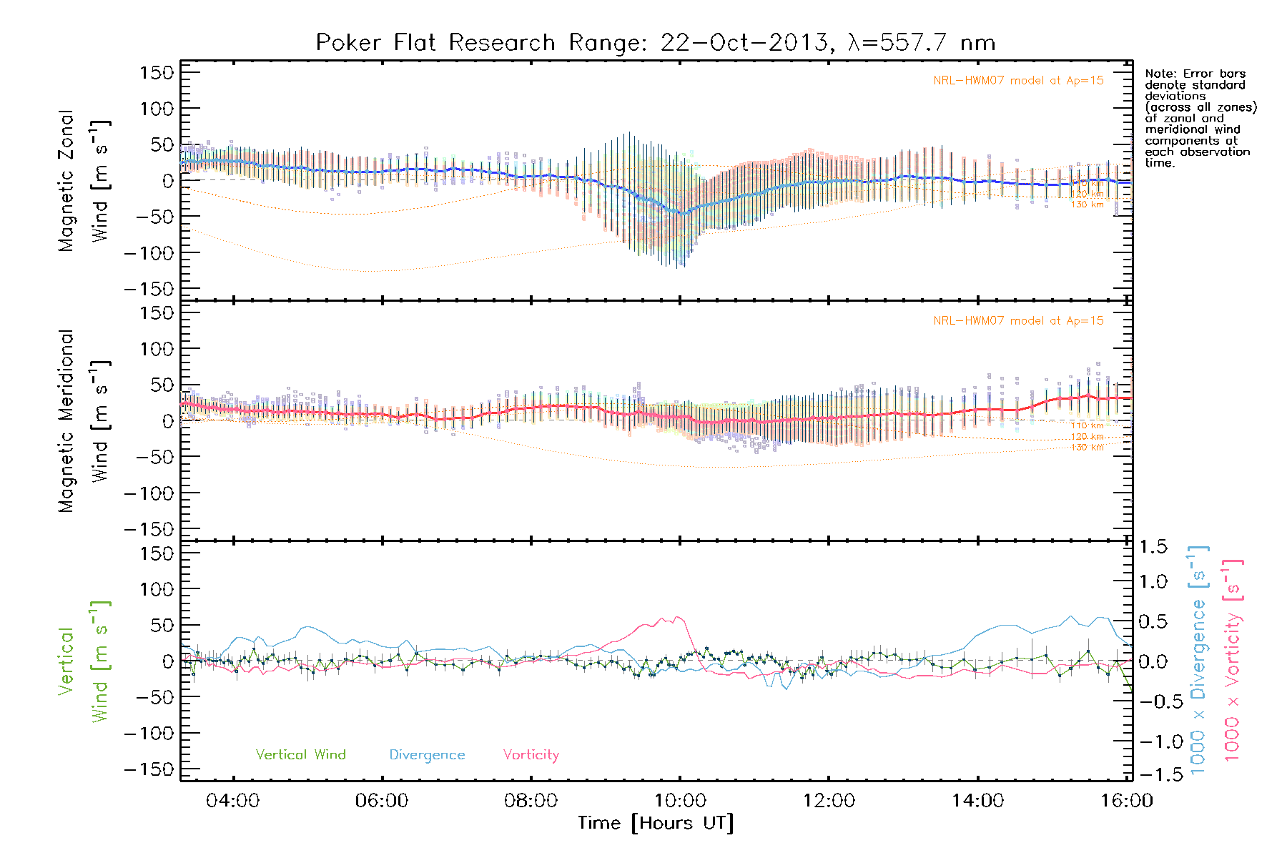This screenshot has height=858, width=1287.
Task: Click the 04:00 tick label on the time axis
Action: pyautogui.click(x=233, y=800)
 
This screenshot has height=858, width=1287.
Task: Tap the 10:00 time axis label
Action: pyautogui.click(x=680, y=800)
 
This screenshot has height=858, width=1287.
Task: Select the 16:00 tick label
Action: pyautogui.click(x=1127, y=800)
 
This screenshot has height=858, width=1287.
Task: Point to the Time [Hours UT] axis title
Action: pyautogui.click(x=656, y=823)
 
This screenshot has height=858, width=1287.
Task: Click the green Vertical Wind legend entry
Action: pyautogui.click(x=300, y=755)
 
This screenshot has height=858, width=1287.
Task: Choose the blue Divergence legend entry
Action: pyautogui.click(x=427, y=755)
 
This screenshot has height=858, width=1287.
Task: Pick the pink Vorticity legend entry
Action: pyautogui.click(x=531, y=755)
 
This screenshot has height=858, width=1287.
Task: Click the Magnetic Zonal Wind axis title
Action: pyautogui.click(x=83, y=181)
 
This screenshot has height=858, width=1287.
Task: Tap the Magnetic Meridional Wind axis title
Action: pyautogui.click(x=83, y=421)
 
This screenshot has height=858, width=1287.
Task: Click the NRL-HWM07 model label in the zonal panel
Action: pyautogui.click(x=1018, y=81)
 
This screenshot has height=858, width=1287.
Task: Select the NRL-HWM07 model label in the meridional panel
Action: pyautogui.click(x=1018, y=321)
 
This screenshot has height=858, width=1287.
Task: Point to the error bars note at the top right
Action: pyautogui.click(x=1200, y=118)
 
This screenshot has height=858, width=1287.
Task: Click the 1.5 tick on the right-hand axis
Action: pyautogui.click(x=1153, y=547)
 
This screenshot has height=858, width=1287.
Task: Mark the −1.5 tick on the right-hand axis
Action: pyautogui.click(x=1153, y=774)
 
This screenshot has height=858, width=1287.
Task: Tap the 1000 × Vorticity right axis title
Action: pyautogui.click(x=1232, y=661)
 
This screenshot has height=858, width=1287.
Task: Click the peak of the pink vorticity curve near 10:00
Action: pyautogui.click(x=676, y=617)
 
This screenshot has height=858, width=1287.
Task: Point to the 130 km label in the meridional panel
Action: pyautogui.click(x=1087, y=448)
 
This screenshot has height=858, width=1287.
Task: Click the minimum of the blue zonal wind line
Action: pyautogui.click(x=681, y=213)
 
